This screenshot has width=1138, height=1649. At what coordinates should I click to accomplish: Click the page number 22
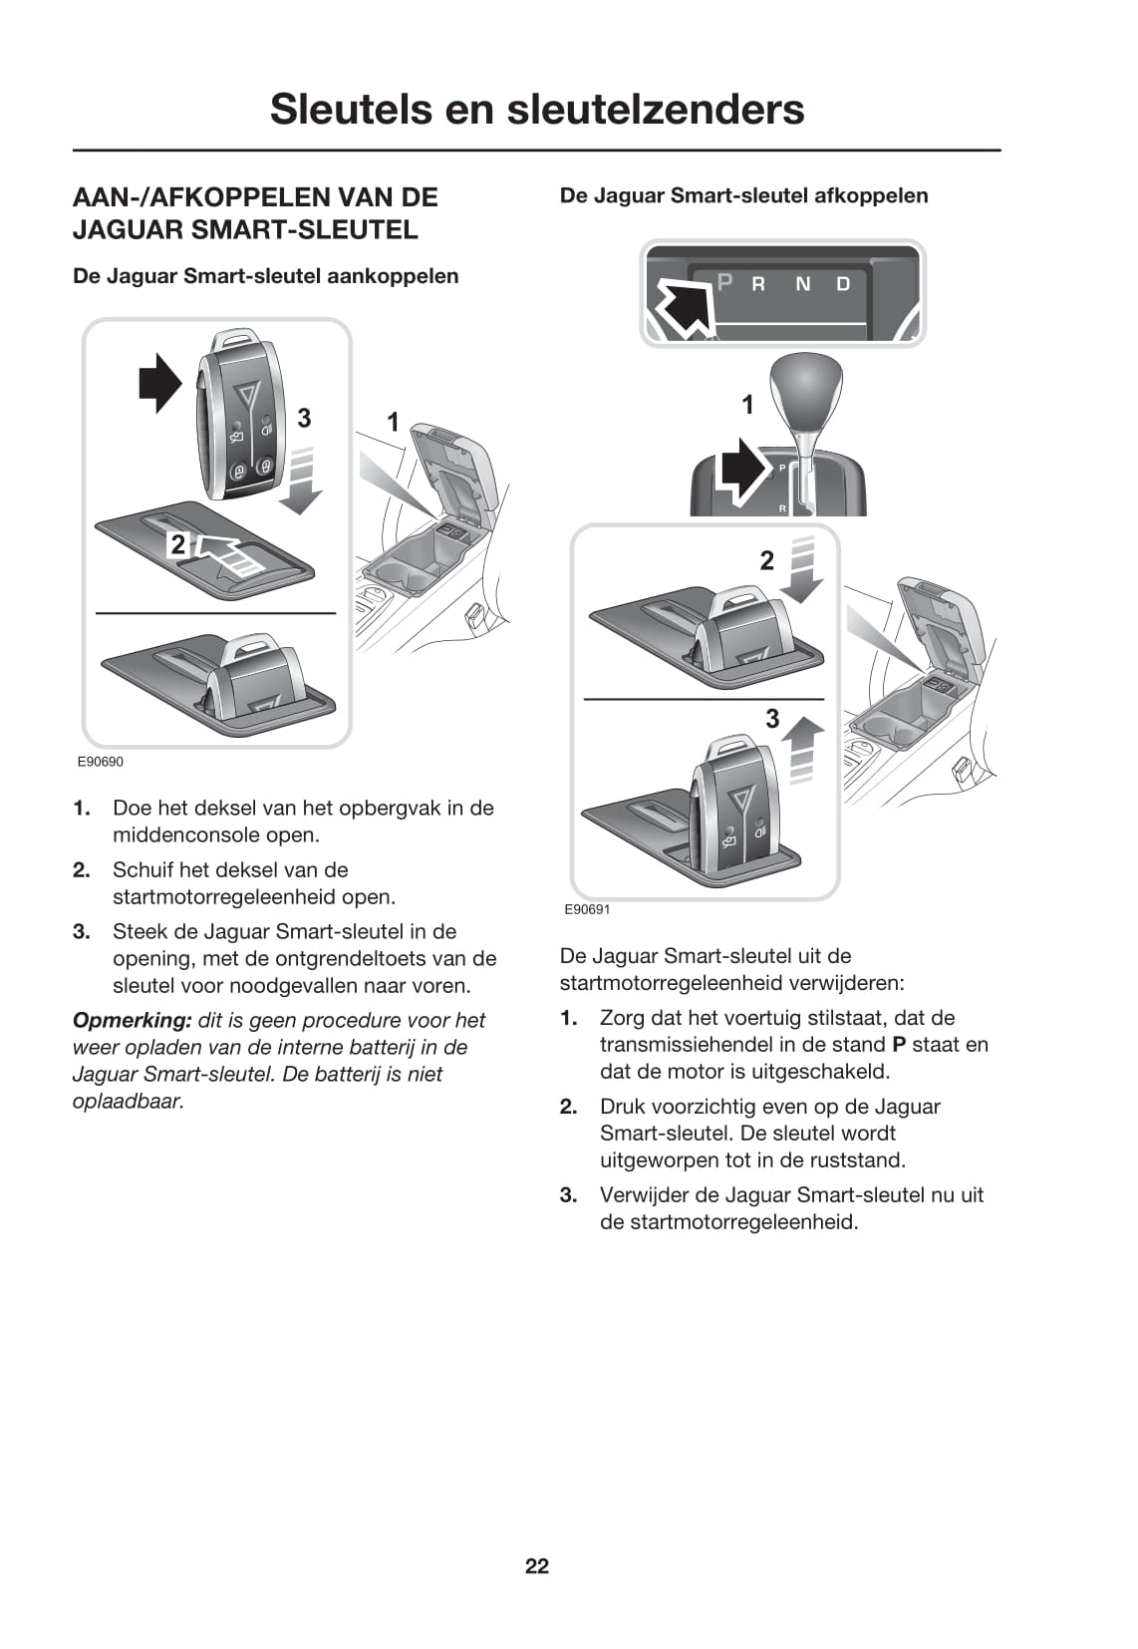pyautogui.click(x=536, y=1566)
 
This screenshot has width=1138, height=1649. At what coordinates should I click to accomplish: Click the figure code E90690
pyautogui.click(x=101, y=762)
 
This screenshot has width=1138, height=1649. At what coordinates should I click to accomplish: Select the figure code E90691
pyautogui.click(x=587, y=909)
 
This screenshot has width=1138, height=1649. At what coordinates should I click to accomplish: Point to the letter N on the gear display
pyautogui.click(x=802, y=284)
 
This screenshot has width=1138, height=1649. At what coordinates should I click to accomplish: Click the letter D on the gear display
pyautogui.click(x=843, y=284)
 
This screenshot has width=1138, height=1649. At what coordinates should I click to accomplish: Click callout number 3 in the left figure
pyautogui.click(x=304, y=419)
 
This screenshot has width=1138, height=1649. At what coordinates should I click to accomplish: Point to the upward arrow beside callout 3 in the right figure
pyautogui.click(x=803, y=750)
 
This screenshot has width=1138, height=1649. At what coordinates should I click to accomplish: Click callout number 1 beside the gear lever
pyautogui.click(x=747, y=405)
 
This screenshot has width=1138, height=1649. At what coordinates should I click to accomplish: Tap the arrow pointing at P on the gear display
pyautogui.click(x=684, y=305)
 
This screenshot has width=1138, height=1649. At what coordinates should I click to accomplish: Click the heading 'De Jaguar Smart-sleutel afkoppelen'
pyautogui.click(x=743, y=195)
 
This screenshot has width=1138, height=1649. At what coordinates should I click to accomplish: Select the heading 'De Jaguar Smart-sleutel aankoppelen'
pyautogui.click(x=265, y=276)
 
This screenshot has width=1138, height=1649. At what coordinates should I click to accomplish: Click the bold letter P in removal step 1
pyautogui.click(x=898, y=1045)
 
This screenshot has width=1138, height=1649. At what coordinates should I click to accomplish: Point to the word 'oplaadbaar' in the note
pyautogui.click(x=128, y=1101)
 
